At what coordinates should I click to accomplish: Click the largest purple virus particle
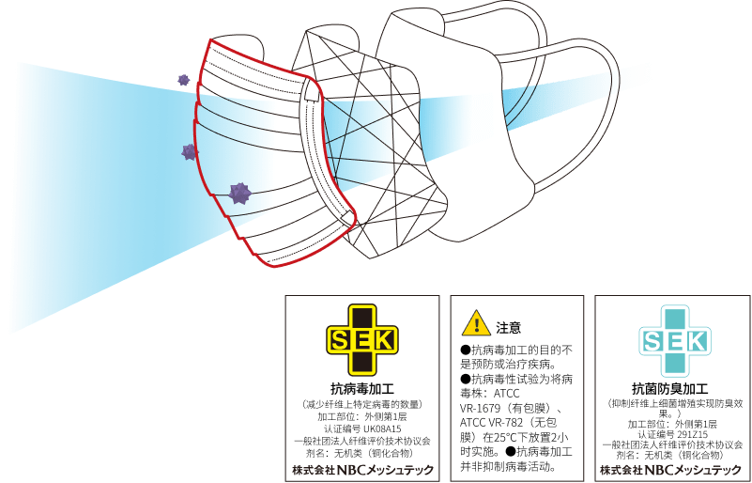coord(238,193)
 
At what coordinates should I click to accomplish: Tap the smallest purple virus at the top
coord(184,80)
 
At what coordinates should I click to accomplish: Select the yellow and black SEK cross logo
coord(362,340)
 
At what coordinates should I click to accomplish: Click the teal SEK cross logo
coord(675,341)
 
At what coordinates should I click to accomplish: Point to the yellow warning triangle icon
coord(476,323)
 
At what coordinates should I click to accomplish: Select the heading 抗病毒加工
coord(362,388)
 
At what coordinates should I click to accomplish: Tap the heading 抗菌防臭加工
coord(676,388)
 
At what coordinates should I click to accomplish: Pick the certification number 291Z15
coord(696,434)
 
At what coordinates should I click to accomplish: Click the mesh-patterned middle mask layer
coord(369,144)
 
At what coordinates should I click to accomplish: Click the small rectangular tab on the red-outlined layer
coord(312,90)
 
